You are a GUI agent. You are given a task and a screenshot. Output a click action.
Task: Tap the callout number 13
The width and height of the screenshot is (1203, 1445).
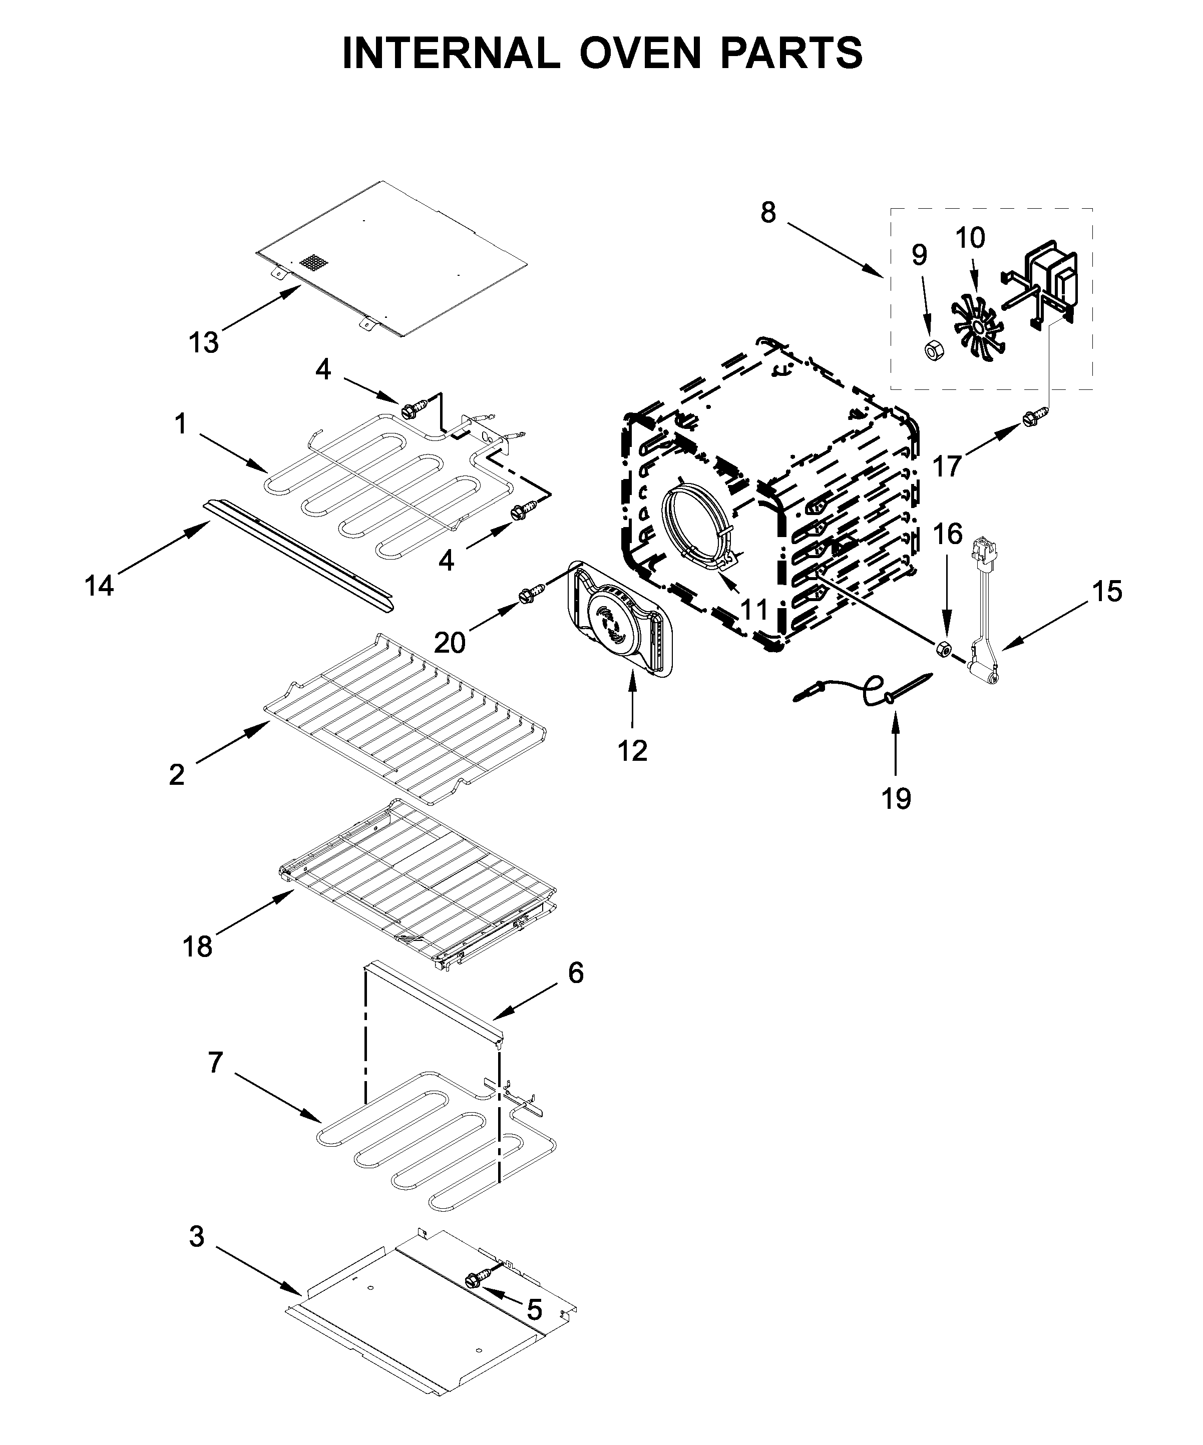click(204, 342)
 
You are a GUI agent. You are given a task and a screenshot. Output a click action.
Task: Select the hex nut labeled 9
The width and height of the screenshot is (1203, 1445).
click(933, 350)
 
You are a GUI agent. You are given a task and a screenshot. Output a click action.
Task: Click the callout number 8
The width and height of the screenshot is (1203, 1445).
click(768, 213)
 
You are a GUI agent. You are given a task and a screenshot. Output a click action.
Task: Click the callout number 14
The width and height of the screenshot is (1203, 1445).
click(99, 586)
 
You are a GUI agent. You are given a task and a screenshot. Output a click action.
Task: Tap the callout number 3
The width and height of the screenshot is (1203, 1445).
click(197, 1236)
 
